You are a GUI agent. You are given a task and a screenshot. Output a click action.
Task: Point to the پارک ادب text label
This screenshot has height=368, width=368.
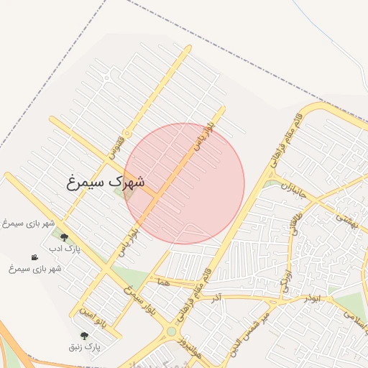point(64,249)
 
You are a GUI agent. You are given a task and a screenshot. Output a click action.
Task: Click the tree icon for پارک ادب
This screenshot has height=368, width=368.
point(64,237)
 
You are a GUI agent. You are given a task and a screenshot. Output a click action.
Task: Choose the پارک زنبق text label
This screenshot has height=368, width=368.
point(85,347)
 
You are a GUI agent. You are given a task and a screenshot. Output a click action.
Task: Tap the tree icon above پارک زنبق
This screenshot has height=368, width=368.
point(85,336)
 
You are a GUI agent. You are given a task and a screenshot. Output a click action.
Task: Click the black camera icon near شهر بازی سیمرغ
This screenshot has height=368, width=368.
point(34,257)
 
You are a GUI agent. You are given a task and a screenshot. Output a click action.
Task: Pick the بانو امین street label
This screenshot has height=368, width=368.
point(93,317)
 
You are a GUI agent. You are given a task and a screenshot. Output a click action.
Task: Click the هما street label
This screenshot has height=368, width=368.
point(168,284)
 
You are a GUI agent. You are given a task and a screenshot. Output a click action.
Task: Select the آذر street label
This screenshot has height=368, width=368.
point(217,296)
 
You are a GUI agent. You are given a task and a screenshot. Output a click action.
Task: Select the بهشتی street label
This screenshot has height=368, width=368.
point(346,221)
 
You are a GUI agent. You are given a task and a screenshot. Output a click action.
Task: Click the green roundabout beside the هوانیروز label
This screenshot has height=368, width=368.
point(171,331)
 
